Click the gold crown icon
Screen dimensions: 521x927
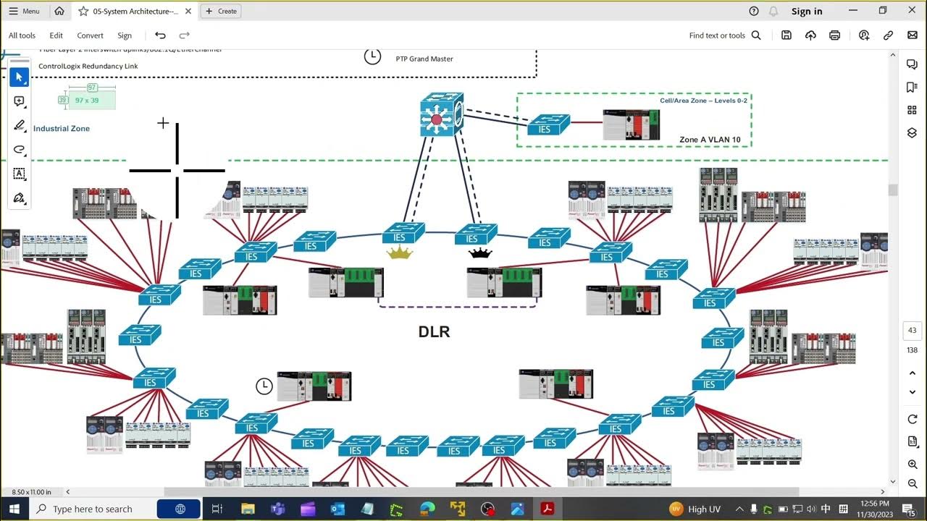(x=399, y=253)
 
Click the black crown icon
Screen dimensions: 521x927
(x=480, y=253)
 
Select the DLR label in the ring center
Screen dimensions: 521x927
(x=434, y=332)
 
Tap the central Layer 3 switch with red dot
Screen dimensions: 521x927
(x=441, y=115)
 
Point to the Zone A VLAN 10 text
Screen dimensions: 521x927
(x=709, y=140)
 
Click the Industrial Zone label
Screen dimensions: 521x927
(x=62, y=129)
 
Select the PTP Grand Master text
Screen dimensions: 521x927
(x=424, y=59)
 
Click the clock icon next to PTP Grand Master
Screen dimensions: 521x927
(x=372, y=56)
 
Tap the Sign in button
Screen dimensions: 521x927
(x=806, y=11)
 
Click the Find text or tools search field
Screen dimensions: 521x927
(x=724, y=35)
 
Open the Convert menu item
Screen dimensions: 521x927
(x=90, y=35)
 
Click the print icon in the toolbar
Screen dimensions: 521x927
(x=835, y=35)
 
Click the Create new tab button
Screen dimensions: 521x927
(x=221, y=11)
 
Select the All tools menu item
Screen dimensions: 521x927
(x=22, y=35)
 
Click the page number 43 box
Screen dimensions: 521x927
(x=912, y=331)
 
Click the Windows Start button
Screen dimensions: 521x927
(x=14, y=509)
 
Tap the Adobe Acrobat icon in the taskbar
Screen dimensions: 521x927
(x=548, y=509)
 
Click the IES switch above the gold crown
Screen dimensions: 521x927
(x=403, y=233)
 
